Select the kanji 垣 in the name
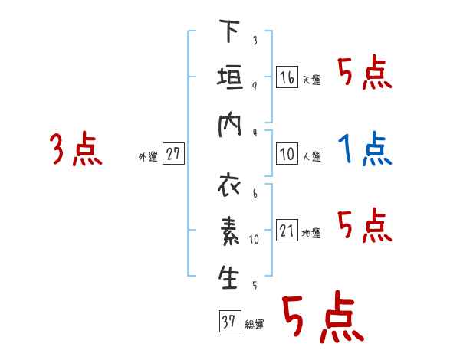[230, 77]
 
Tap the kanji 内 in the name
[230, 125]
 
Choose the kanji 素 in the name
[230, 231]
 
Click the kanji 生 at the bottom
[228, 277]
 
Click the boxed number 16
[287, 77]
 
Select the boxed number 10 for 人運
[287, 154]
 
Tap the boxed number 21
[287, 230]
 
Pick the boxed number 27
[173, 153]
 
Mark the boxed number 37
[230, 321]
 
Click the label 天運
[312, 80]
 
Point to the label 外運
[148, 156]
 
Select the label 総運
[255, 325]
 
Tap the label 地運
[311, 233]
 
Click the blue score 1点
[365, 149]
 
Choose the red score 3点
[76, 149]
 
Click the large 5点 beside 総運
[324, 316]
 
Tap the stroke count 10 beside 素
[254, 240]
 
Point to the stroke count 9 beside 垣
[255, 87]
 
